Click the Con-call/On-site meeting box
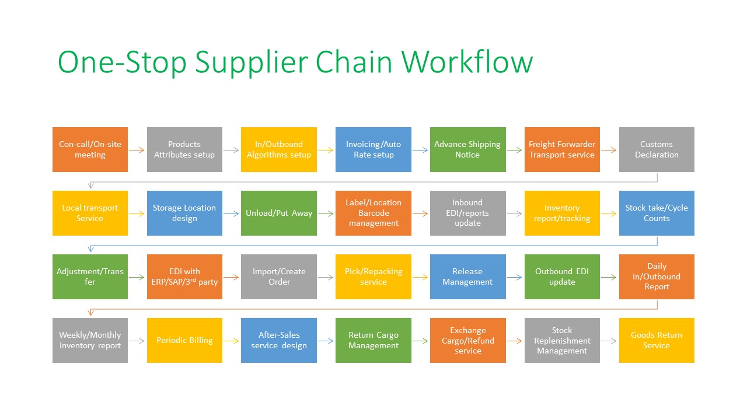[90, 149]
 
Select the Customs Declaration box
[657, 149]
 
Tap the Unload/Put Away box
[279, 213]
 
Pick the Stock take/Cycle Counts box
[657, 213]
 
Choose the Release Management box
[467, 276]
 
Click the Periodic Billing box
[184, 340]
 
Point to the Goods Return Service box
[657, 340]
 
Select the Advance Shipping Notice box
[467, 149]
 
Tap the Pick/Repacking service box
[373, 276]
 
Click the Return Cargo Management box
[373, 340]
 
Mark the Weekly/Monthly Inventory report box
[90, 340]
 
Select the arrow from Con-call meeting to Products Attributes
[137, 150]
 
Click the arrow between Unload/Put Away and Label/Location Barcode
[326, 213]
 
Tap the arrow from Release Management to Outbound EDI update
[515, 277]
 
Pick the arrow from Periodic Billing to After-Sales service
[232, 341]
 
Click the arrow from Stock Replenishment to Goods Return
[609, 341]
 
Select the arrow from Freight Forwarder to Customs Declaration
[609, 150]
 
